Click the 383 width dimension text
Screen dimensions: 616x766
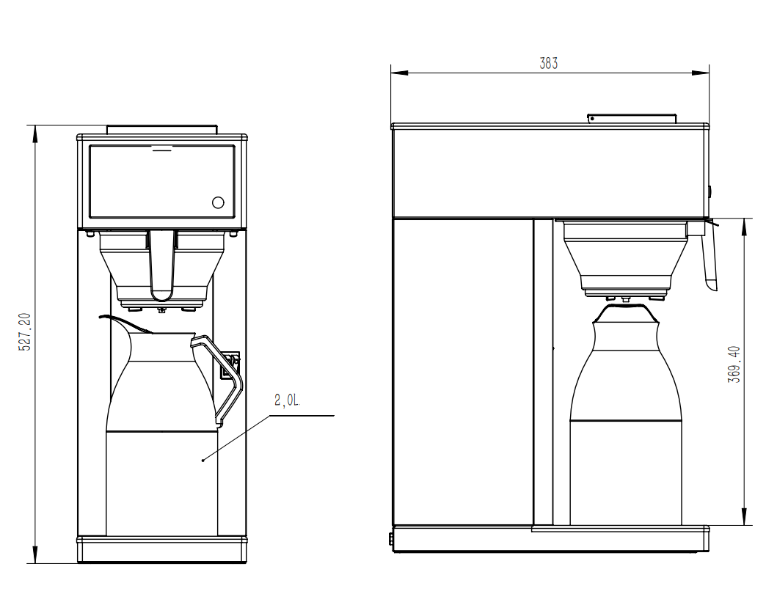click(549, 63)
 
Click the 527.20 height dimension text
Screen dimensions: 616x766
click(24, 331)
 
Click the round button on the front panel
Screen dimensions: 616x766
click(218, 202)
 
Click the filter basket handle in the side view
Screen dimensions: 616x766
click(709, 260)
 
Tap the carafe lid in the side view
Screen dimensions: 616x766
click(625, 313)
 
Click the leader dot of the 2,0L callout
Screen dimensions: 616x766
click(203, 460)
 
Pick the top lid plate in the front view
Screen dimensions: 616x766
click(161, 129)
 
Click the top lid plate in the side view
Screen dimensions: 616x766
click(632, 118)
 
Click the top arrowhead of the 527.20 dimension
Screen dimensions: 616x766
click(34, 129)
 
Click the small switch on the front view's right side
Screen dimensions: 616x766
click(231, 365)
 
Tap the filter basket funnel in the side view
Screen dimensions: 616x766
click(625, 257)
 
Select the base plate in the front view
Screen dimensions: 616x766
click(161, 549)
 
